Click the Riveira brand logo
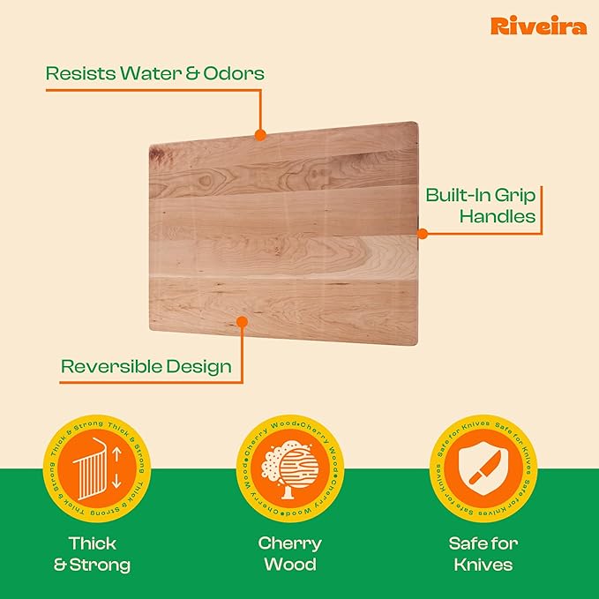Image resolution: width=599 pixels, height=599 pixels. tap(538, 26)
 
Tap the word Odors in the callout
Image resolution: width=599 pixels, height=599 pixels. tap(235, 73)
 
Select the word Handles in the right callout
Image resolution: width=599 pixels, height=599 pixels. tap(505, 216)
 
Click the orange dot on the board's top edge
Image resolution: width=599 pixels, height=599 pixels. tap(260, 135)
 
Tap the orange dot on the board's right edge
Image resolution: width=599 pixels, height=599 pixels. tap(422, 234)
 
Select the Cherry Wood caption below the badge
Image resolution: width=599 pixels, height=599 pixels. tap(292, 553)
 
